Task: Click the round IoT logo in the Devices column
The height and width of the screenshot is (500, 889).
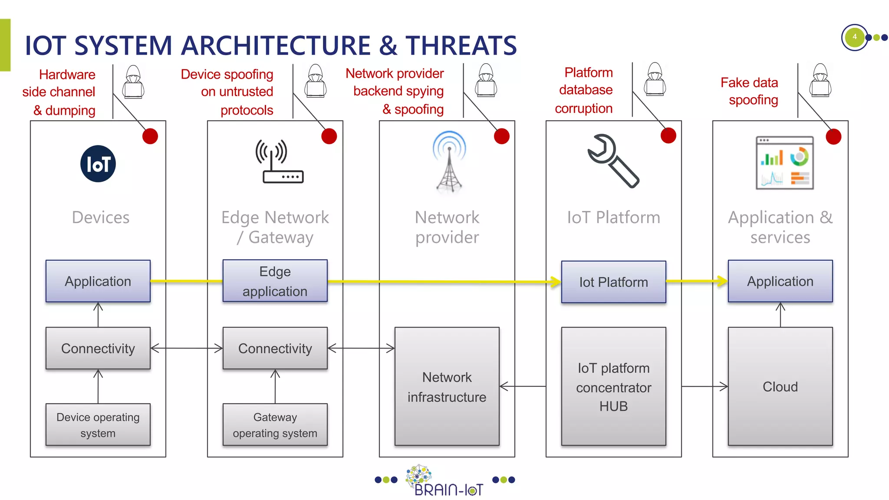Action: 98,164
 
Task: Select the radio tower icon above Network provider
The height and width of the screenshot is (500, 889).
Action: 449,161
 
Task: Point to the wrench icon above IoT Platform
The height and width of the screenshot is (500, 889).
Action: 612,161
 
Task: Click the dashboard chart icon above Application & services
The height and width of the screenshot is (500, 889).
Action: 784,163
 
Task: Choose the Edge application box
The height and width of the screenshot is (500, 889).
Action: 275,281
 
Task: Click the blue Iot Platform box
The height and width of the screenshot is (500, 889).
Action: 613,282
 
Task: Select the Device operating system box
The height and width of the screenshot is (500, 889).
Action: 98,424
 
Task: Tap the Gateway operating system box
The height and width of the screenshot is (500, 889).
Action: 275,424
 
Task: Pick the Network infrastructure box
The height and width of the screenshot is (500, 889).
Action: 447,386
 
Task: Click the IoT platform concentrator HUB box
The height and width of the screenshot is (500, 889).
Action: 613,386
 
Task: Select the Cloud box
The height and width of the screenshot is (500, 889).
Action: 780,386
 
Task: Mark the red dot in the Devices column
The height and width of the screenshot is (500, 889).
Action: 150,136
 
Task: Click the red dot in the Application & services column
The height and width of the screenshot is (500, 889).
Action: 833,137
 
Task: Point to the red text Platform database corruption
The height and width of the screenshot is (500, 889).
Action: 584,90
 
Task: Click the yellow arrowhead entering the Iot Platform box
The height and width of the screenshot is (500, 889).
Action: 555,282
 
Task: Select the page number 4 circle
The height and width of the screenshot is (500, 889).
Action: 854,37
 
